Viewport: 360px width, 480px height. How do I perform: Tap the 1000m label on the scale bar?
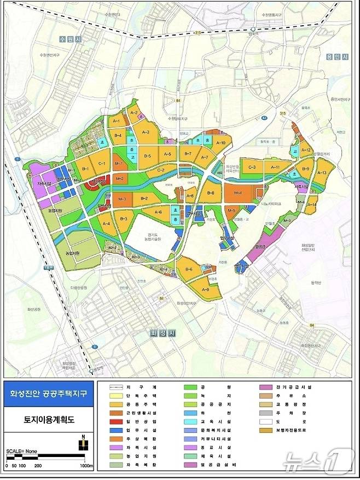point(85,466)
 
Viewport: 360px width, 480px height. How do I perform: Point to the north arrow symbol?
point(83,443)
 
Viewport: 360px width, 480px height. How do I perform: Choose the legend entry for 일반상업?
point(141,422)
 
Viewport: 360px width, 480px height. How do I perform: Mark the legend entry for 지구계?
point(141,387)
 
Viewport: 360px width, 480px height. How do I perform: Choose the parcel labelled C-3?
point(252,167)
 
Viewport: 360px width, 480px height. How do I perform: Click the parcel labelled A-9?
point(206,290)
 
